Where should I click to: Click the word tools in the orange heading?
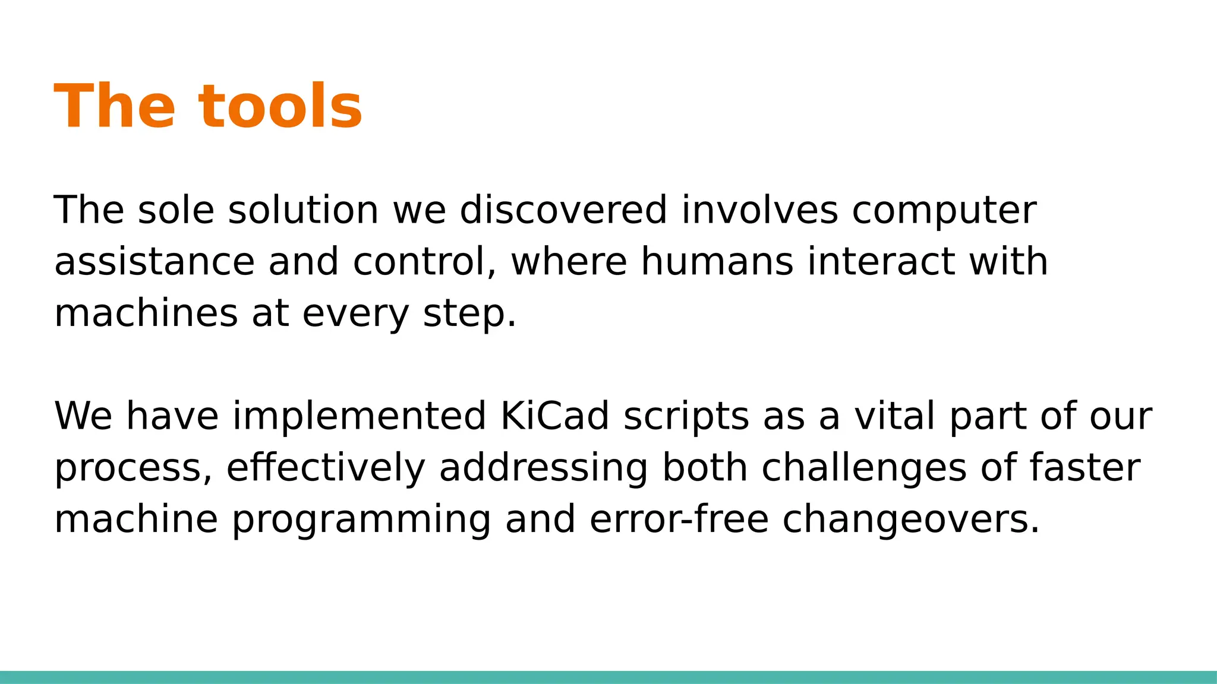[x=280, y=107]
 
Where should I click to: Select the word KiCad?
[x=555, y=416]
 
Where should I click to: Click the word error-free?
[x=679, y=519]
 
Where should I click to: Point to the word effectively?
[x=326, y=468]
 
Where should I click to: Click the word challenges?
[x=864, y=468]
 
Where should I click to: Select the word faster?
[x=1084, y=467]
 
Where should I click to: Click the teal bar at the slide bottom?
[x=608, y=677]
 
